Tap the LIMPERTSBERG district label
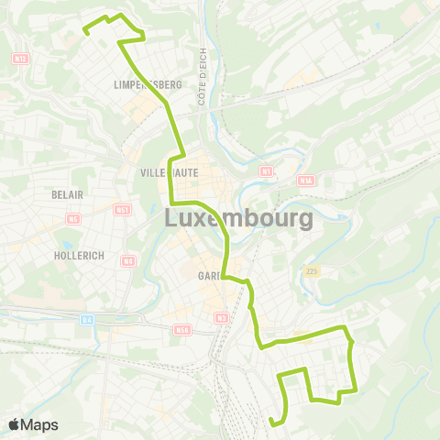(x=147, y=84)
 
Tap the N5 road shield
(x=73, y=219)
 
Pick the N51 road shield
(x=122, y=211)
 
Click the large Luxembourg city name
(x=238, y=219)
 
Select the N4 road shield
(x=127, y=262)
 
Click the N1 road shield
(x=266, y=171)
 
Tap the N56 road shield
(x=181, y=329)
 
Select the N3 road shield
(x=222, y=318)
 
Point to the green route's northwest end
(x=86, y=31)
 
